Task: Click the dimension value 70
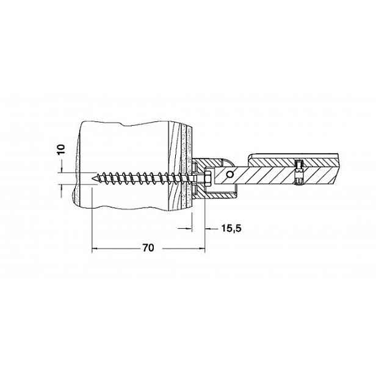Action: pyautogui.click(x=148, y=248)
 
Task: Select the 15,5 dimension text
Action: pyautogui.click(x=231, y=228)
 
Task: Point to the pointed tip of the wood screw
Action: pyautogui.click(x=93, y=178)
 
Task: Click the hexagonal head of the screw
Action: pyautogui.click(x=208, y=179)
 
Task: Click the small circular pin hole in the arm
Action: pyautogui.click(x=230, y=175)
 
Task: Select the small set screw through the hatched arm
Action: pyautogui.click(x=298, y=173)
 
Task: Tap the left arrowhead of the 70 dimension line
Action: pyautogui.click(x=95, y=248)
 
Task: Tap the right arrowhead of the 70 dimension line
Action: pyautogui.click(x=202, y=248)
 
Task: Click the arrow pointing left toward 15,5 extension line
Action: pyautogui.click(x=208, y=229)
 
